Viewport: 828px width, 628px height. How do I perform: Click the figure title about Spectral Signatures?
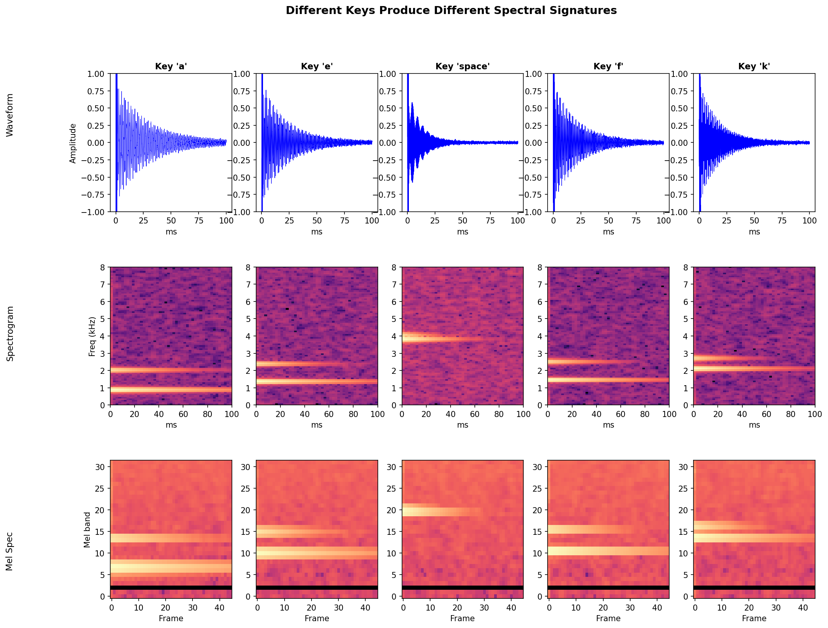point(451,11)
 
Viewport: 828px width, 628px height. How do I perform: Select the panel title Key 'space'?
point(462,66)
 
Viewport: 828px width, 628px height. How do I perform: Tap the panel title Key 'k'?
point(754,66)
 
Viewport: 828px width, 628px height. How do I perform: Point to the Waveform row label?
point(10,115)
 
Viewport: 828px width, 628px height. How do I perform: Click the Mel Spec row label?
point(10,551)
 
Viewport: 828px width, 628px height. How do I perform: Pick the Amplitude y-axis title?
point(73,143)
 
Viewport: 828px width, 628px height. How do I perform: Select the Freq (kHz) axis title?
point(92,336)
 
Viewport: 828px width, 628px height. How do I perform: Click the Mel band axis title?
point(88,530)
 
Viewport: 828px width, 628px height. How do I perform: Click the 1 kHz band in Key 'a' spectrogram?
point(171,389)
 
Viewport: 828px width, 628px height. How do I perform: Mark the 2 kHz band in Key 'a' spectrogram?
point(171,370)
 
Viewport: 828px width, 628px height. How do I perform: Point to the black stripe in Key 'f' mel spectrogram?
point(608,587)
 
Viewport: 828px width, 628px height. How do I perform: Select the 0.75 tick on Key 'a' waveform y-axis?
point(95,91)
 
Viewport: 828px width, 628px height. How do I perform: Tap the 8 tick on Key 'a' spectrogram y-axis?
point(102,267)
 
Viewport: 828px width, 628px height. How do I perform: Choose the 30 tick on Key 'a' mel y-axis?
point(100,467)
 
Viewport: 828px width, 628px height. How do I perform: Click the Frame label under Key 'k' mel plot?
point(754,619)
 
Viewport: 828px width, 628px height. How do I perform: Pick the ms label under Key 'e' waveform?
point(317,232)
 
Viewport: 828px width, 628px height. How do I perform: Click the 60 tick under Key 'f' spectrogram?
point(620,414)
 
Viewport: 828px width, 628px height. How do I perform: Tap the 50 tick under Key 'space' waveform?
point(462,221)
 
